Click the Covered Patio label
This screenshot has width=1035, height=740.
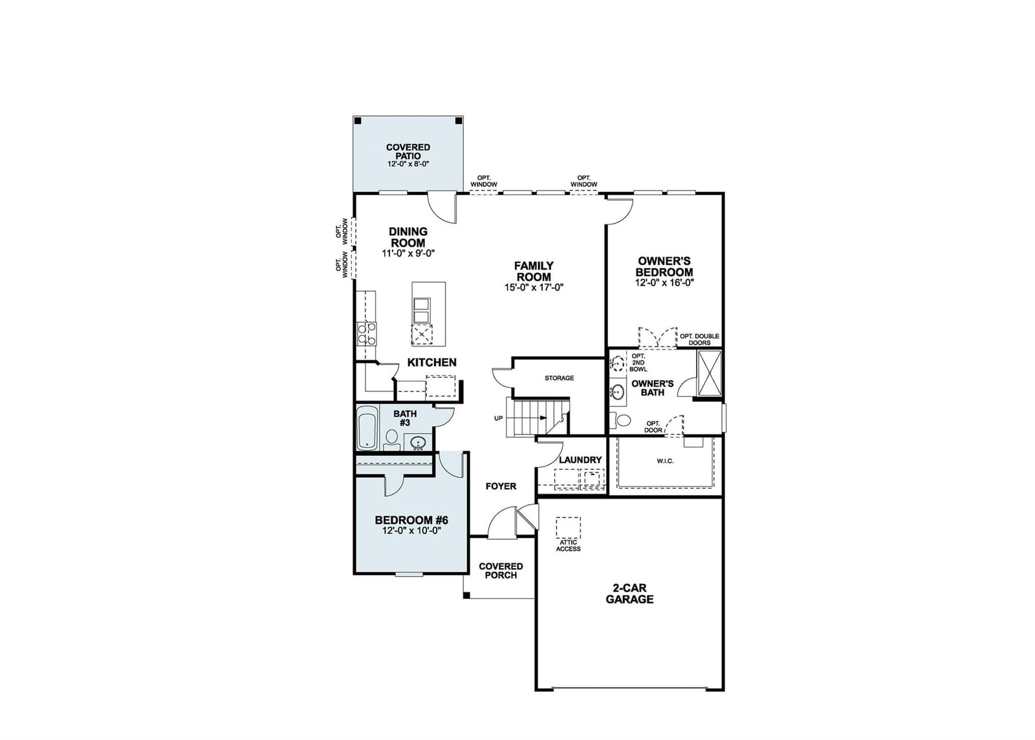[x=408, y=151]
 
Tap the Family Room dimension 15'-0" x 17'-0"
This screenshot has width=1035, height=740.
[x=534, y=287]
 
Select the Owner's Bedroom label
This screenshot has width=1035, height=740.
[x=664, y=266]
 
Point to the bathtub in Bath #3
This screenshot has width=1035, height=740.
[x=367, y=431]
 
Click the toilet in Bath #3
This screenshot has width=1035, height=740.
[x=392, y=439]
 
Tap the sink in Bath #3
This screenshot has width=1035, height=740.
[x=419, y=442]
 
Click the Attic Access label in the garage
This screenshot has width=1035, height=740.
[x=568, y=545]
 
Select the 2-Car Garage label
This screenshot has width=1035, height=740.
[x=629, y=594]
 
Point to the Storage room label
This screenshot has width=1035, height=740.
[x=559, y=378]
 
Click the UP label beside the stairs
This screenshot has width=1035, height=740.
[x=498, y=418]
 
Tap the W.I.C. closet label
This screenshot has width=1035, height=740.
[x=665, y=461]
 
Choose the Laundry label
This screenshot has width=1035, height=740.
[x=580, y=460]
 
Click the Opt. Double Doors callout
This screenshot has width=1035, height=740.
[x=699, y=339]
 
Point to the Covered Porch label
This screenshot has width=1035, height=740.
[x=501, y=571]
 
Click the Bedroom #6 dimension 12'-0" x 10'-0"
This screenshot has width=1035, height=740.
[x=411, y=531]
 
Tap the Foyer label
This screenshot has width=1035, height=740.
[x=501, y=486]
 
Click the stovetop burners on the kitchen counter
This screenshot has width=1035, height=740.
[x=366, y=333]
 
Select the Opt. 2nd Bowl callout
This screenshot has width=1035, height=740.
[x=638, y=363]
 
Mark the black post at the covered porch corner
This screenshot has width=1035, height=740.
[x=466, y=595]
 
